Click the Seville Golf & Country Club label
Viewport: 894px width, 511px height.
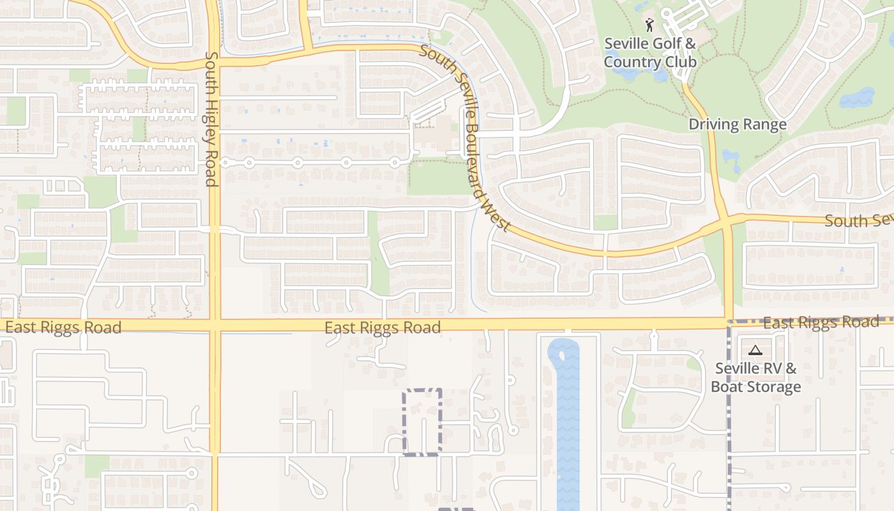click(x=649, y=53)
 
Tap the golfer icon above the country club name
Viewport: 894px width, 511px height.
click(x=649, y=25)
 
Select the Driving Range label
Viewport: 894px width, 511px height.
click(x=737, y=125)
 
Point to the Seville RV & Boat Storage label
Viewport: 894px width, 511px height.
click(x=755, y=378)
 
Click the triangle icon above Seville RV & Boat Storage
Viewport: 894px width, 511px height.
click(x=755, y=350)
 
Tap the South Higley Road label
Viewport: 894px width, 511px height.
click(x=212, y=119)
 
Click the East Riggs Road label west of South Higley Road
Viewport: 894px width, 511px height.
click(x=63, y=328)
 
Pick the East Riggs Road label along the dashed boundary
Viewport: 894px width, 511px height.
click(x=821, y=323)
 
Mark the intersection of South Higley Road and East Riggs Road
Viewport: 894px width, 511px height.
click(x=215, y=325)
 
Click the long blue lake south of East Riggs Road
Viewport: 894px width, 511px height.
click(x=568, y=422)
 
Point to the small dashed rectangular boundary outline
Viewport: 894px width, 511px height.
click(x=422, y=422)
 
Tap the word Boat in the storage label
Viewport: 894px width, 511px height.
click(x=730, y=387)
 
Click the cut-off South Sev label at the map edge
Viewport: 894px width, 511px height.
click(x=858, y=221)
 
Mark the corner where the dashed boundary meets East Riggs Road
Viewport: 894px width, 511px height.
click(x=729, y=321)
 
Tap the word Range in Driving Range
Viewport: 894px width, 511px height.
click(x=764, y=125)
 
